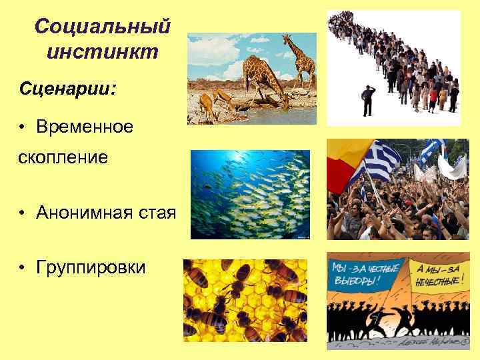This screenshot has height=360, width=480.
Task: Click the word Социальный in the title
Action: (x=103, y=27)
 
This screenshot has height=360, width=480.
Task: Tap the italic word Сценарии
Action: (x=67, y=88)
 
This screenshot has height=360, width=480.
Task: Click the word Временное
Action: (x=85, y=127)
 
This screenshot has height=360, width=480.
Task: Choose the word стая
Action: (x=159, y=213)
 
